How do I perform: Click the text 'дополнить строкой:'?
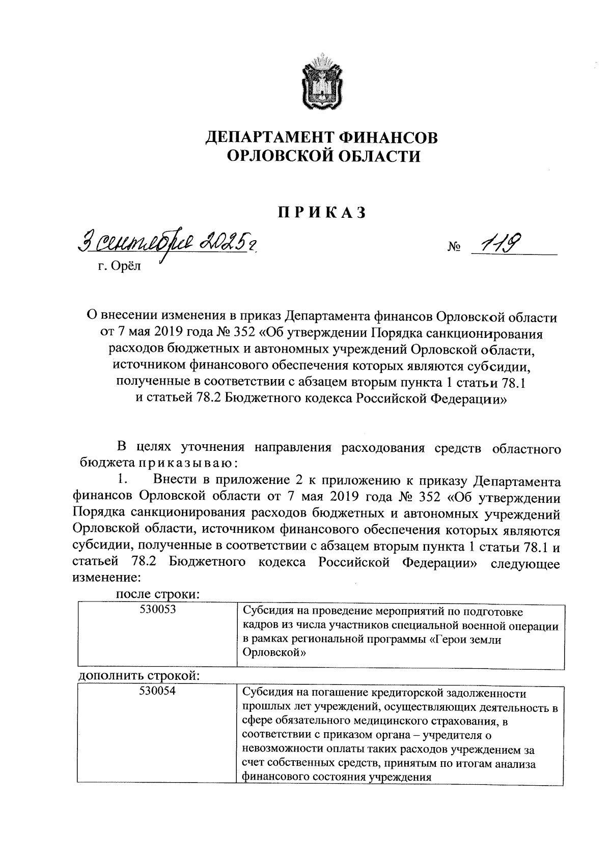click(x=138, y=675)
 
